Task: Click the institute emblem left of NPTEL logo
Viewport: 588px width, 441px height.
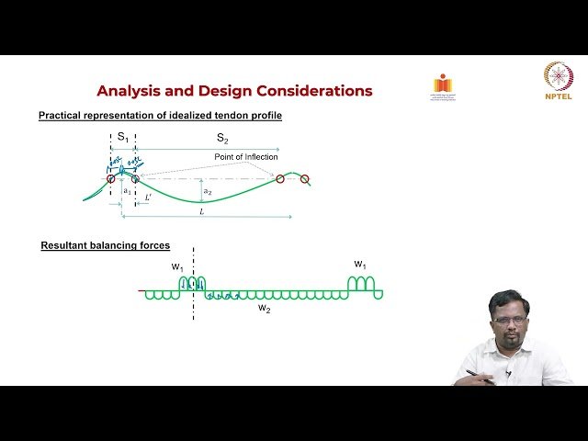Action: (x=443, y=85)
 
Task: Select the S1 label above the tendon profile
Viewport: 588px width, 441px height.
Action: (x=122, y=136)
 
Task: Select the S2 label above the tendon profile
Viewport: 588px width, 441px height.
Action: (x=221, y=137)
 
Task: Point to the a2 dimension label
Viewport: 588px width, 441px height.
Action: (x=208, y=191)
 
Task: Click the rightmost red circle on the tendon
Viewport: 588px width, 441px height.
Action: (x=305, y=179)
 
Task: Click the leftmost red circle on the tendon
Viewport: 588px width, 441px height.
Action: (x=111, y=178)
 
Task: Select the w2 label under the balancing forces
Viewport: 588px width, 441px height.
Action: (x=264, y=309)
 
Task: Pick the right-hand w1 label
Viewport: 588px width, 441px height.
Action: (x=361, y=265)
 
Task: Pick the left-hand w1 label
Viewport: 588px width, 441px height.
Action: (x=177, y=266)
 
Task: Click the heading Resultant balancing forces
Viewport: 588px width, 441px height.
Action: (x=105, y=246)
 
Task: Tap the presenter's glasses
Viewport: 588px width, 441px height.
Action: (x=502, y=322)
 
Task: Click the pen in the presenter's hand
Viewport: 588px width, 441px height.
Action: (x=477, y=374)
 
